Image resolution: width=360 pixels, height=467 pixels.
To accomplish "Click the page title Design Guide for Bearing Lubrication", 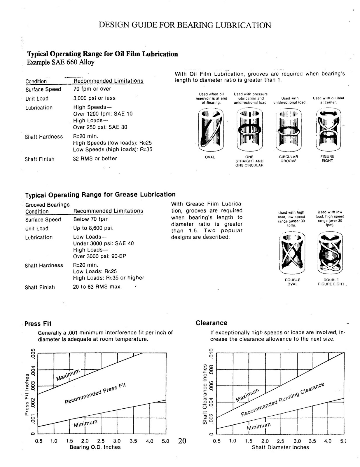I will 185,25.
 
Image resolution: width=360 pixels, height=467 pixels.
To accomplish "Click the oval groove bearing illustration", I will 210,129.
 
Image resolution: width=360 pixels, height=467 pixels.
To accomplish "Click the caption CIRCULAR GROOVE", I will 288,159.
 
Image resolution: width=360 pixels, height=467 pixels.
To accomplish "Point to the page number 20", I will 182,441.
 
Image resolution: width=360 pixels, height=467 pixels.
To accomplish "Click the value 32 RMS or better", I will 95,158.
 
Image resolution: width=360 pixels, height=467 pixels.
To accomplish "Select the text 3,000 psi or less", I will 94,98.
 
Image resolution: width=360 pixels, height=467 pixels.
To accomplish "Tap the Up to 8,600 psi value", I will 93,228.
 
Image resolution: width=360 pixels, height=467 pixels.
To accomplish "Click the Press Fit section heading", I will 38,324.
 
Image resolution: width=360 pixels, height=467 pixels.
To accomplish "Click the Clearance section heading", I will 212,323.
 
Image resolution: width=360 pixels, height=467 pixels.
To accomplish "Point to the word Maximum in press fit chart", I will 68,375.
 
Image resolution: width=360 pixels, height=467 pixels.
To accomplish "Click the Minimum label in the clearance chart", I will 258,426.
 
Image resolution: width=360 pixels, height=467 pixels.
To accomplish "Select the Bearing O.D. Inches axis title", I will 95,447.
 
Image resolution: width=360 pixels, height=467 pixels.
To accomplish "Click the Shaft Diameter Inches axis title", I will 280,447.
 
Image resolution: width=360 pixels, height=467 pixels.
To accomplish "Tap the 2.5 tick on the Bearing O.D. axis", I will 101,441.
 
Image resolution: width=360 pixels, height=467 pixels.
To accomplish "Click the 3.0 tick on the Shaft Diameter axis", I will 297,441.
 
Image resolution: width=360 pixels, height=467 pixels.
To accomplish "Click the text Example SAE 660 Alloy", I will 61,62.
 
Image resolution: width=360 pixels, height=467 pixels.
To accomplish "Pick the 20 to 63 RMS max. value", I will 97,287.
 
